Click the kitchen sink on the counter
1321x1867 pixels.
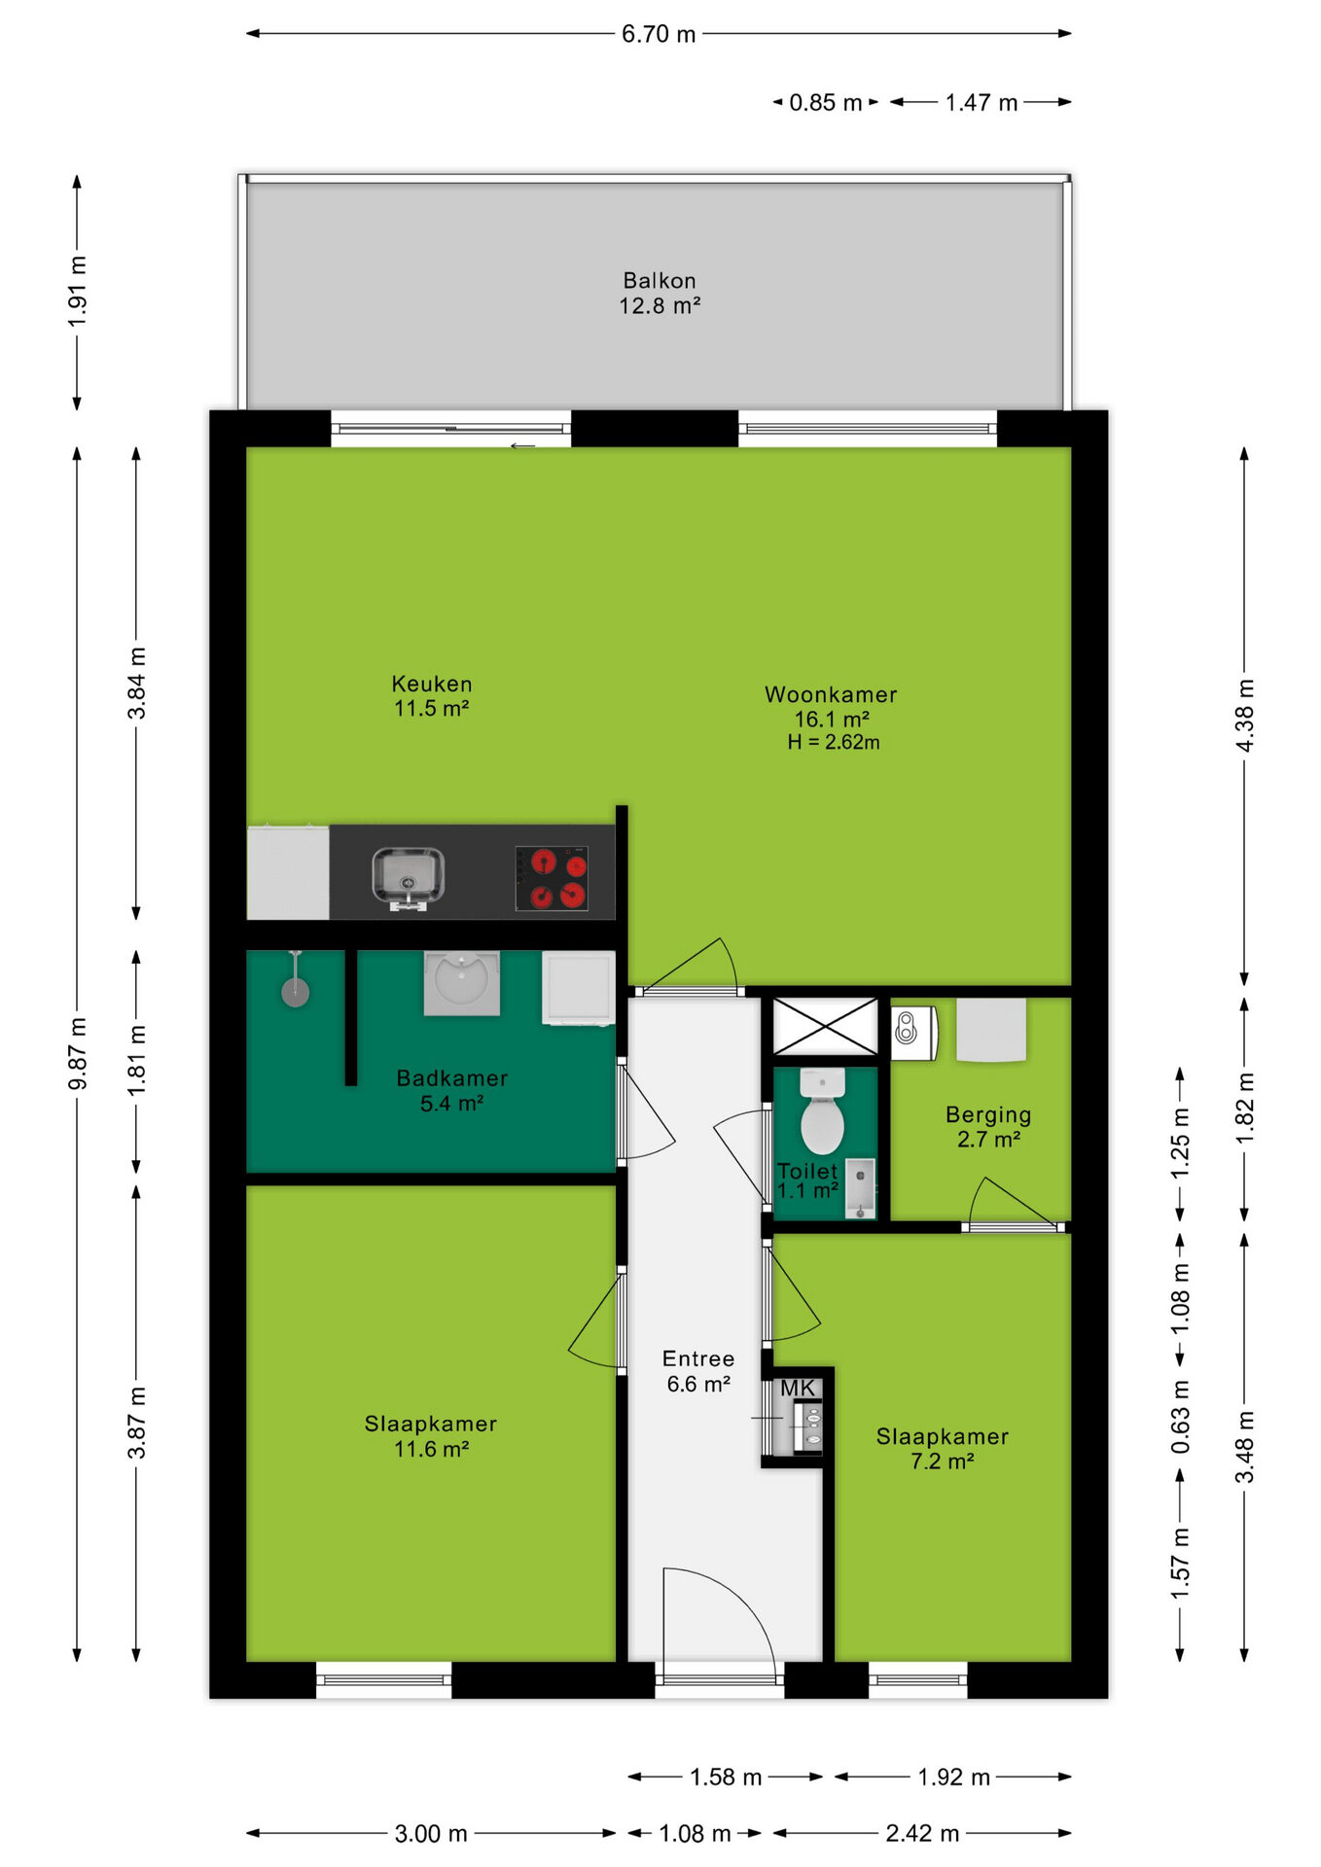coord(409,877)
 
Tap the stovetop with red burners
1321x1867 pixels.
coord(552,878)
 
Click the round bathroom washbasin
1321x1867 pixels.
coord(461,981)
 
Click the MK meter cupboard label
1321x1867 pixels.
coord(798,1389)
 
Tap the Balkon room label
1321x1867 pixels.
coord(660,281)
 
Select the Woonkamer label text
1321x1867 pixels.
coord(831,694)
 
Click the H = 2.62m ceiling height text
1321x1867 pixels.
coord(834,742)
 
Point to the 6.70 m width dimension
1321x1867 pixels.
coord(659,34)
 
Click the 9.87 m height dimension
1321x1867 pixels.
coord(77,1054)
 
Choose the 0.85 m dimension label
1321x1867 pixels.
coord(826,102)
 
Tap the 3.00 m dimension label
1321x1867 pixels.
coord(431,1834)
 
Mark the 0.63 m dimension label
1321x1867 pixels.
coord(1180,1417)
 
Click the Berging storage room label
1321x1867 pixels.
coord(988,1115)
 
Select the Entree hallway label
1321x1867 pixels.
coord(698,1358)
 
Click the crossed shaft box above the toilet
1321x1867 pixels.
coord(825,1026)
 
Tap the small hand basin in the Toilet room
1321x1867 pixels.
coord(860,1187)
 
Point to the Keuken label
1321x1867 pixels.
coord(432,684)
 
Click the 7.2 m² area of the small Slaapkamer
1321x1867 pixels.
coord(942,1462)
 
